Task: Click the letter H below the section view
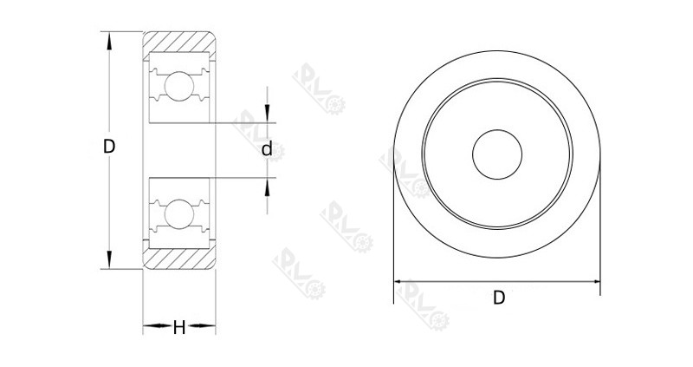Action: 179,327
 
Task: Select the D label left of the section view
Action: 109,147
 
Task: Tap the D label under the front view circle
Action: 499,298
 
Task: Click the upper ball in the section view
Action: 179,86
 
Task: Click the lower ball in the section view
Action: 179,213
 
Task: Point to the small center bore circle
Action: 497,157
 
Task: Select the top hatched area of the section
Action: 179,42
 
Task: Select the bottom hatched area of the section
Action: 179,259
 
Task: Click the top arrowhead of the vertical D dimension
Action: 109,38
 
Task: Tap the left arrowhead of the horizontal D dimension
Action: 400,282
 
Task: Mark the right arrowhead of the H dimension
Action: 210,327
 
